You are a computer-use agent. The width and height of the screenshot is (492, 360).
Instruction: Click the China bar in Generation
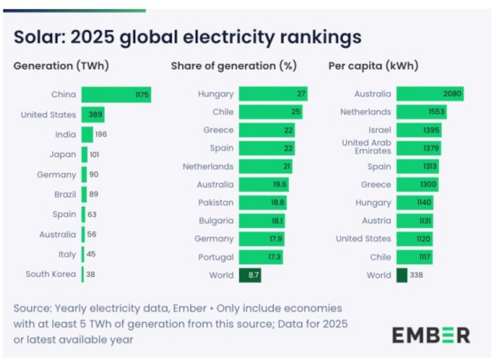coord(116,95)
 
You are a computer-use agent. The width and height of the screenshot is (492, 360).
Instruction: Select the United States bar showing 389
coord(93,115)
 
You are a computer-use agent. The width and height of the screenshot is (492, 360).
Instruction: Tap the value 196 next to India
coord(100,135)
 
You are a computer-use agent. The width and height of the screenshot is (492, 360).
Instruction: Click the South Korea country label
coord(51,274)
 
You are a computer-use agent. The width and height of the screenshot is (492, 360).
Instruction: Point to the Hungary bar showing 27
coord(273,94)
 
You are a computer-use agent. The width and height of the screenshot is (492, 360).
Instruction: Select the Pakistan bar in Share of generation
coord(262,203)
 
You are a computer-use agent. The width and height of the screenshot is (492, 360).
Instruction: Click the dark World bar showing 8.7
coord(250,276)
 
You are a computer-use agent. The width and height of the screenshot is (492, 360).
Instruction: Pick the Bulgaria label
coord(216,221)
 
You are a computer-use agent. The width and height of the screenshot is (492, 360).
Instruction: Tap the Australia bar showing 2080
coord(430,94)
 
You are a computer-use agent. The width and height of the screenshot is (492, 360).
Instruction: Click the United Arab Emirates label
coord(366,147)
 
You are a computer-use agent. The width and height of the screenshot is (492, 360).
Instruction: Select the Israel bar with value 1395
coord(419,131)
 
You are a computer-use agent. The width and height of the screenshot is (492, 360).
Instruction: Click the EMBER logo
coord(430,335)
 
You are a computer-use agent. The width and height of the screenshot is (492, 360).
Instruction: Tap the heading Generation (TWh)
coord(61,66)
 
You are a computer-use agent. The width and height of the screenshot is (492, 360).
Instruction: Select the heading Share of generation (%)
coord(234,66)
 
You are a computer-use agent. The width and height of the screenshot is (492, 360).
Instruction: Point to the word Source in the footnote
coord(32,309)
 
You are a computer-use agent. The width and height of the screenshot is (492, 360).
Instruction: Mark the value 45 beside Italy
coord(91,255)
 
